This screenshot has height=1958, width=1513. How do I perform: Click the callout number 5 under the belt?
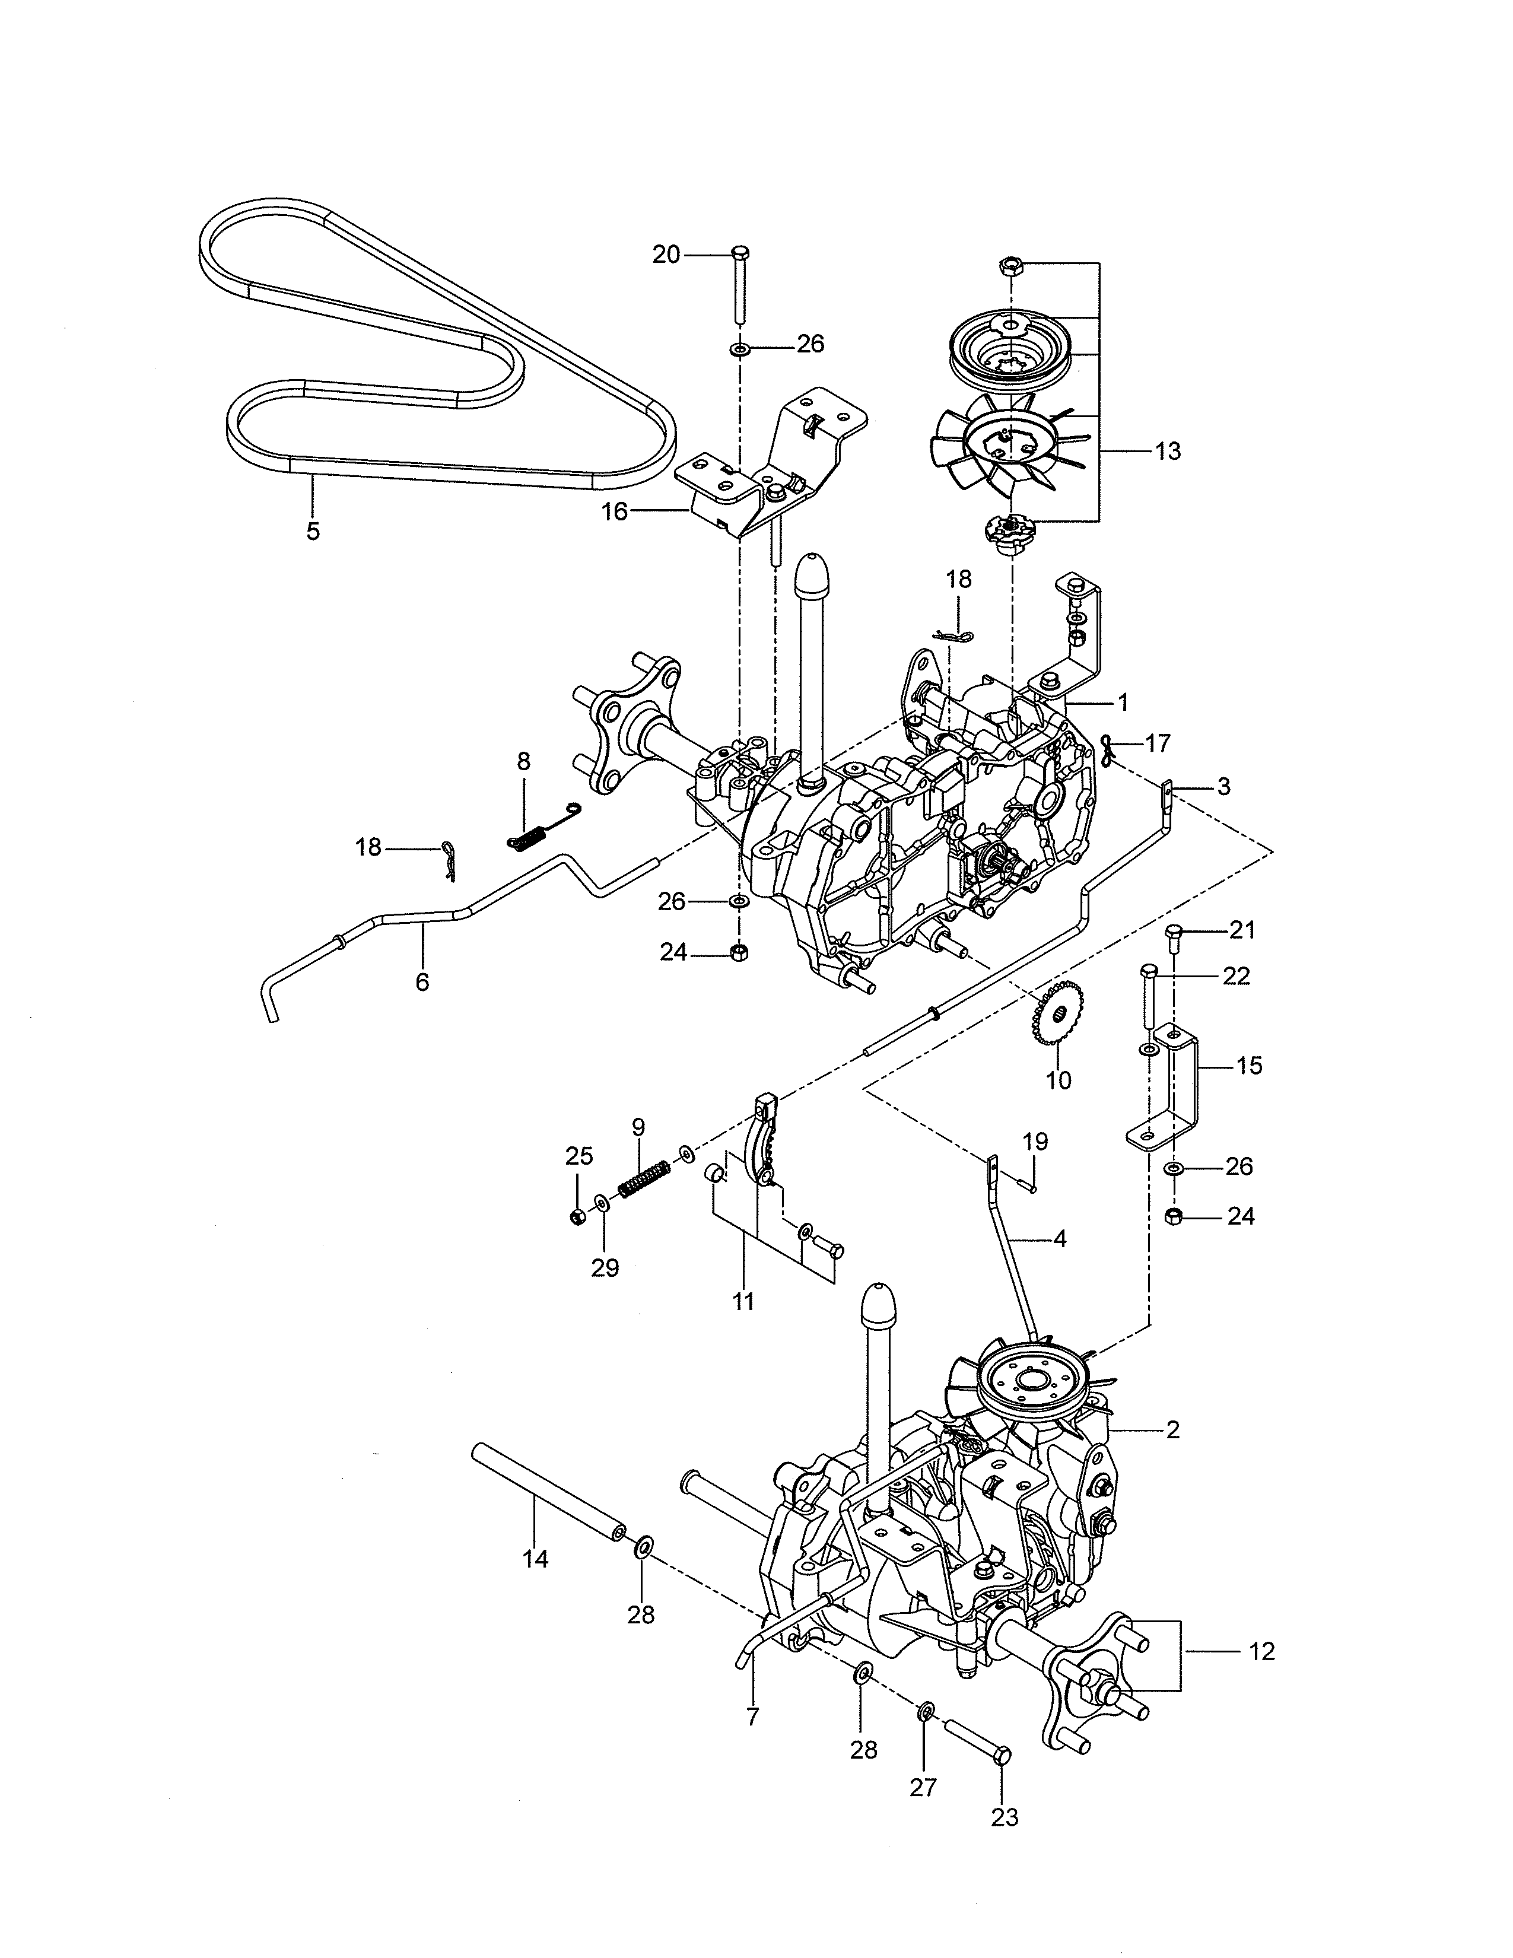tap(312, 532)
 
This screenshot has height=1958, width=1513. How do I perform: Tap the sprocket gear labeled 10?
tap(1058, 1012)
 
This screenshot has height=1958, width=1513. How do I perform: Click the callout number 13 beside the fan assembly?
tap(1168, 451)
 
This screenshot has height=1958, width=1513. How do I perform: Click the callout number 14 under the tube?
tap(535, 1560)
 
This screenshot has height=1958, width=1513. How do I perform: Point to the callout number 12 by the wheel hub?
tap(1261, 1651)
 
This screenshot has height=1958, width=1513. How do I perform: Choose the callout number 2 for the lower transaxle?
tap(1173, 1430)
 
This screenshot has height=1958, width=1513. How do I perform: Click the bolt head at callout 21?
tap(1175, 935)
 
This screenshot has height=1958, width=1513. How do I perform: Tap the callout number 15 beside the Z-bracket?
tap(1248, 1066)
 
